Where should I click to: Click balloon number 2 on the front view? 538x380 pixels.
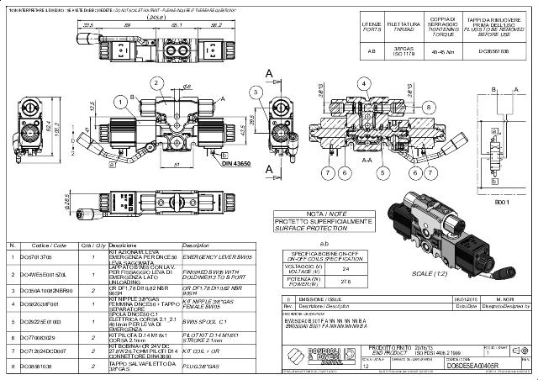click(156, 82)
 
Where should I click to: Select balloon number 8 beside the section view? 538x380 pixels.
click(428, 107)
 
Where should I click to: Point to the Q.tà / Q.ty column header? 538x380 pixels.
click(92, 245)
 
